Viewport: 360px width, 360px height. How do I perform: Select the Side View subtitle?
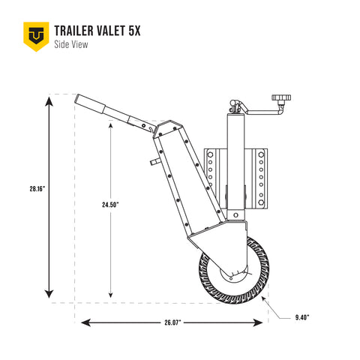pos(71,46)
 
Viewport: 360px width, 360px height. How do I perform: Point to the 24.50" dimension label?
pos(111,203)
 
